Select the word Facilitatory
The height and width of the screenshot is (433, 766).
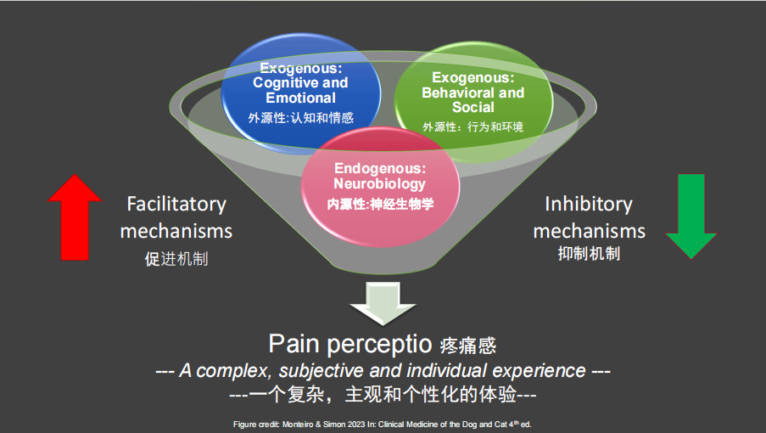(176, 204)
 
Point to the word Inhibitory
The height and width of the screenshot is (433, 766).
(589, 204)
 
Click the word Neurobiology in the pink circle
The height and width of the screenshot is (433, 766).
(380, 183)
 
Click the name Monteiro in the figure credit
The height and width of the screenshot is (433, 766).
(297, 423)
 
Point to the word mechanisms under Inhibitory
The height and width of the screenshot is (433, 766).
(589, 230)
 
